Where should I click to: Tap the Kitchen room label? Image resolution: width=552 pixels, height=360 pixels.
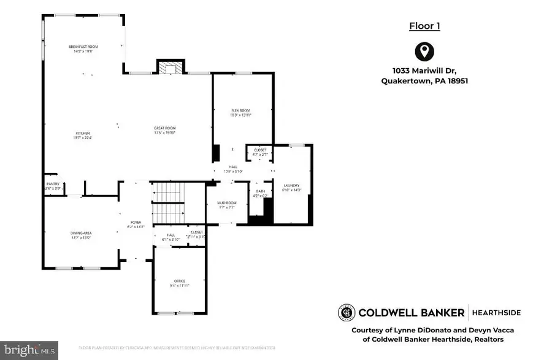[83, 133]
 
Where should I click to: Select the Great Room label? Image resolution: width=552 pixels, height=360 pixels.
[165, 128]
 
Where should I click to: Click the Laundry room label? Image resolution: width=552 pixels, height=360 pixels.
[291, 185]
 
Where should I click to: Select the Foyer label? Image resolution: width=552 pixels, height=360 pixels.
[136, 222]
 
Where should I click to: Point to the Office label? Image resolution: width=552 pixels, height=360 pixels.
[179, 281]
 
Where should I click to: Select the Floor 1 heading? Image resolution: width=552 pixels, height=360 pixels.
[424, 26]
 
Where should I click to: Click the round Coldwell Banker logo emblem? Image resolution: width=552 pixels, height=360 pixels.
[347, 313]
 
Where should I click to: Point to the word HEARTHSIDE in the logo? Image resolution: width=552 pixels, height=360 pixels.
[496, 313]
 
